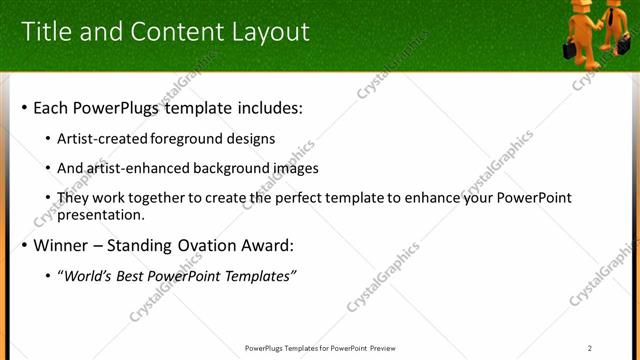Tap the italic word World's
(89, 276)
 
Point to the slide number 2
(590, 348)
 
